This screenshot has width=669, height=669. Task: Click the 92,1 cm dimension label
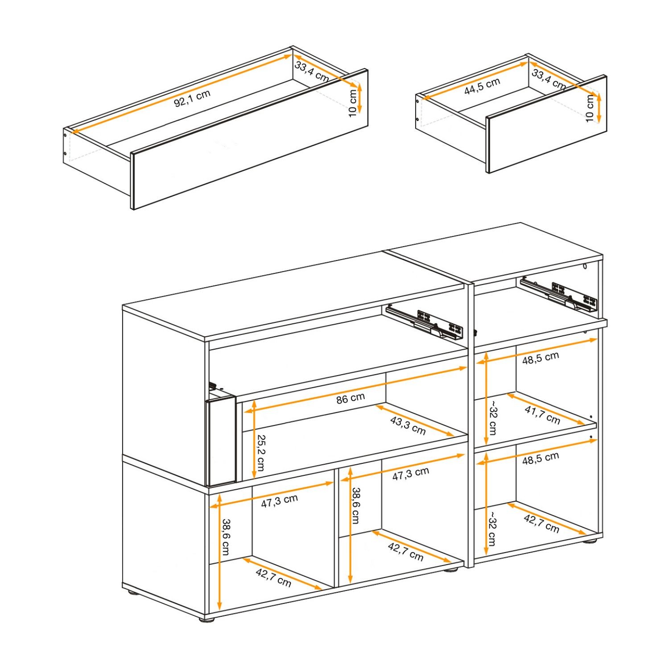pos(192,99)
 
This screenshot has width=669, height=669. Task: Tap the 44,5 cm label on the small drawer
pos(482,86)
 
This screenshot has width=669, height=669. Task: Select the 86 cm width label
pos(351,398)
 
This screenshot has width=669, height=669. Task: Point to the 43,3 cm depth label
pos(408,425)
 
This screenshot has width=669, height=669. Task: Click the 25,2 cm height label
pos(260,453)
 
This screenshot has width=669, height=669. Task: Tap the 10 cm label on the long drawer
pos(353,103)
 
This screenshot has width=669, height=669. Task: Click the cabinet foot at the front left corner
pos(206,619)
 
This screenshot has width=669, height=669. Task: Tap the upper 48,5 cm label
pos(540,358)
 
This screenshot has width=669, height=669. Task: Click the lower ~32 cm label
pos(491,529)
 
